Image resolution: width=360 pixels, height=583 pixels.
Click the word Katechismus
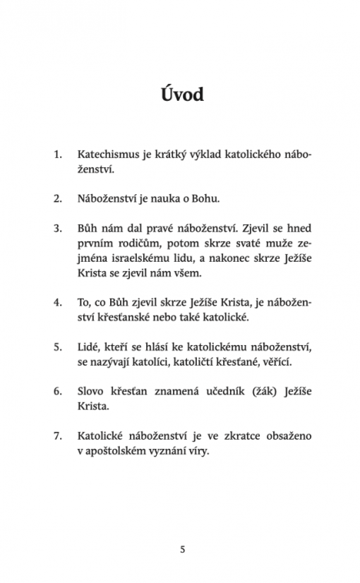[107, 153]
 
